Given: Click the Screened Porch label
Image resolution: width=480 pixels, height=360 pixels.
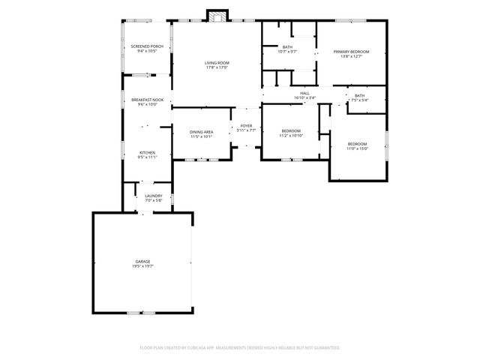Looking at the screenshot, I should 147,46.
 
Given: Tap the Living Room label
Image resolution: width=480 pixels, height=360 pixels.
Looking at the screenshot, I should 217,62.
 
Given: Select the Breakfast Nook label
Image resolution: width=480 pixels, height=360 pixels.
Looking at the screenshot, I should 147,100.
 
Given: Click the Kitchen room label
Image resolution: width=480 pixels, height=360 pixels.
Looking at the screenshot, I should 147,152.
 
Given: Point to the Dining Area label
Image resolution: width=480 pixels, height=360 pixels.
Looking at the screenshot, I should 201,132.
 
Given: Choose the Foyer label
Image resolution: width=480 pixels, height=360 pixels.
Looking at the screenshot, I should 246,125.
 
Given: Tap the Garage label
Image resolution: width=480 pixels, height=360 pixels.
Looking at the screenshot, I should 142,261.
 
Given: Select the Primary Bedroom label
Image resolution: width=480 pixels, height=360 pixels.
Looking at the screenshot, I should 352,51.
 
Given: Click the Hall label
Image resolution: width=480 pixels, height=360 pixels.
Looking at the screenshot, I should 304,93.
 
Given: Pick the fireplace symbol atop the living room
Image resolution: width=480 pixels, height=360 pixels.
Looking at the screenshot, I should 217,16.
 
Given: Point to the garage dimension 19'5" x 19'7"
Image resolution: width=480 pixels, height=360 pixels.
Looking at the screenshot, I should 142,266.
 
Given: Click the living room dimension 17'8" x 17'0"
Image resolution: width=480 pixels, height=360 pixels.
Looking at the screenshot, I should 217,67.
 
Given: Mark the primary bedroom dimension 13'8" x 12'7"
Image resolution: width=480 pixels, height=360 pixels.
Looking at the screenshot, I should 352,56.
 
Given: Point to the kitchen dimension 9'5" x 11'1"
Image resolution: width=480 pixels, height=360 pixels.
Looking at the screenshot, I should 147,157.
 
